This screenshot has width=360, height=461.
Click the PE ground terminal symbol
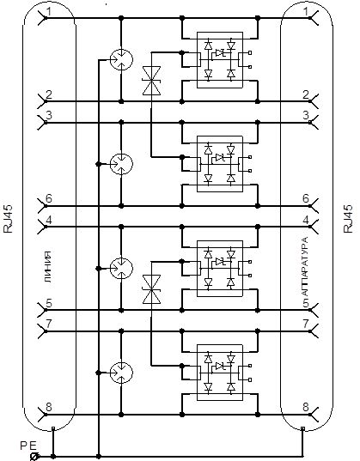(x=34, y=456)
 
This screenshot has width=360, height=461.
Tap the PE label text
(x=28, y=446)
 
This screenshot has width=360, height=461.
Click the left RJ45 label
(x=9, y=219)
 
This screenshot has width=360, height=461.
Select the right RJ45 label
(x=348, y=219)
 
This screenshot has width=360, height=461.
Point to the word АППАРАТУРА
(x=306, y=272)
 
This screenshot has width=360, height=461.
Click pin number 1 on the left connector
(x=49, y=12)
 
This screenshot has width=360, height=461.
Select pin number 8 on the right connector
(x=306, y=407)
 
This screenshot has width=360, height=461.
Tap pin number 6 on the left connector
(x=49, y=199)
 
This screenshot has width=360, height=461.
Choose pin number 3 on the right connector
(x=306, y=115)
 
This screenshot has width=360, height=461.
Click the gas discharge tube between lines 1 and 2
(x=121, y=59)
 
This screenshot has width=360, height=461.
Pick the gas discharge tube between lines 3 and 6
(x=121, y=164)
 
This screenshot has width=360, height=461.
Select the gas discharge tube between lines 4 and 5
(x=121, y=268)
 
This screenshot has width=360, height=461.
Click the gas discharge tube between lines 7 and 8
(x=121, y=373)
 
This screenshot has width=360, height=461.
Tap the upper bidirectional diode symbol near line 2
(x=151, y=81)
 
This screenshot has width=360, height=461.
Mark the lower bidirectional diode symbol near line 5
(x=151, y=289)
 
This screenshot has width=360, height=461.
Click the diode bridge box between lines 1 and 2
(x=220, y=60)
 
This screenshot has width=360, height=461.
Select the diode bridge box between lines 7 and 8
(x=220, y=373)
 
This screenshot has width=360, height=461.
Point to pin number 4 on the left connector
(x=49, y=220)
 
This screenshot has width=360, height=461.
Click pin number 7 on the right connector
(x=306, y=324)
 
